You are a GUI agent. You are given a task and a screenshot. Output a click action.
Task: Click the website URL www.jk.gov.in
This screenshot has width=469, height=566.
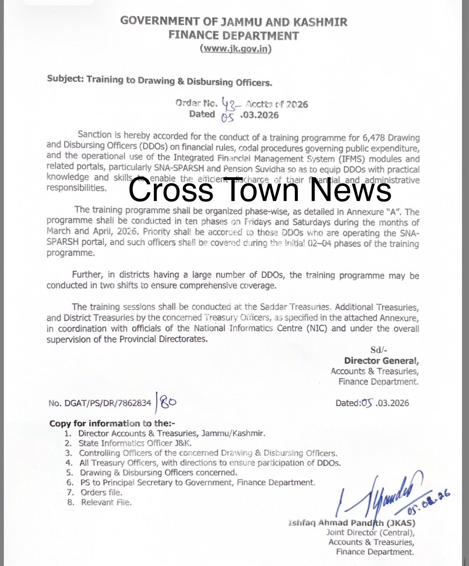click(x=235, y=49)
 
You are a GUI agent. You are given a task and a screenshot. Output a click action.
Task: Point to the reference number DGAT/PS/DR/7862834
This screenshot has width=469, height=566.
click(x=100, y=403)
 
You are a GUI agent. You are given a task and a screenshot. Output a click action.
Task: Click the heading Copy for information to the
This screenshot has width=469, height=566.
click(x=112, y=423)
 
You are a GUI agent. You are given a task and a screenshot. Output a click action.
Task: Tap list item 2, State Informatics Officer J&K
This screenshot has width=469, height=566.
click(x=135, y=443)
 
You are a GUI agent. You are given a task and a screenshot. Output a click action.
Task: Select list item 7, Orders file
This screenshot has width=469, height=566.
click(x=101, y=492)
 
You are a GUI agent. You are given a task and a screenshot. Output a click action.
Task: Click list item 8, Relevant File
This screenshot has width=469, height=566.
click(x=106, y=502)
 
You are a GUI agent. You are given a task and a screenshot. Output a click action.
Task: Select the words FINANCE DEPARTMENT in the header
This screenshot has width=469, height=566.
click(x=233, y=35)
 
